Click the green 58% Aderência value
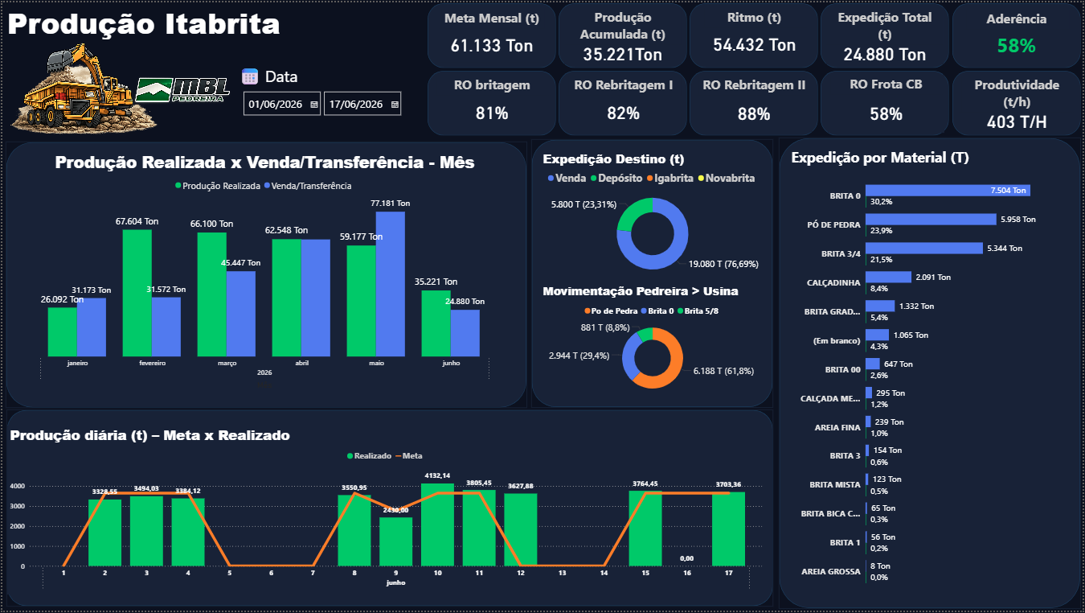[1016, 46]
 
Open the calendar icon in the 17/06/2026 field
[395, 105]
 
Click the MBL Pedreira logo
[182, 90]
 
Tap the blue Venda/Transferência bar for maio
[390, 284]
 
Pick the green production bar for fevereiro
[137, 293]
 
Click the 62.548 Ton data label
[286, 230]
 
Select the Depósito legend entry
[616, 178]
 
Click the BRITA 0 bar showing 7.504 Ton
[948, 191]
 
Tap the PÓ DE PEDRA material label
[833, 225]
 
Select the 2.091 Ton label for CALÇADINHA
[933, 278]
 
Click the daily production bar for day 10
[437, 525]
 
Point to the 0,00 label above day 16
[686, 558]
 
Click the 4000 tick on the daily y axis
[17, 486]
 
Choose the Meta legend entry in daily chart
[409, 456]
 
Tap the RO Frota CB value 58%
[886, 114]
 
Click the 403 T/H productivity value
[1017, 122]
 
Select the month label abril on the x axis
[301, 363]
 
